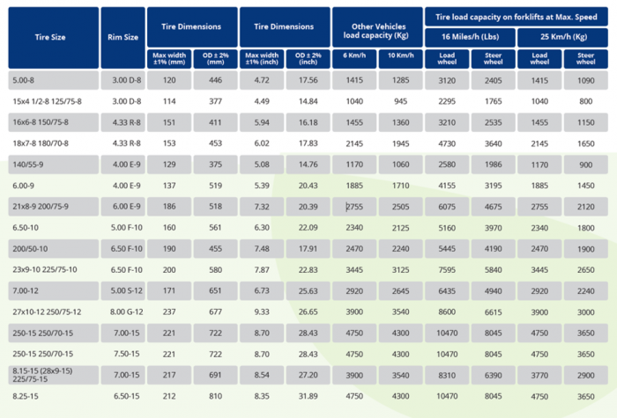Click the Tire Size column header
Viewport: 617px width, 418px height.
click(x=51, y=37)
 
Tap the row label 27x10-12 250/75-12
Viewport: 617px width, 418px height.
click(x=47, y=311)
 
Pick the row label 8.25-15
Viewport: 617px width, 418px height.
click(x=26, y=396)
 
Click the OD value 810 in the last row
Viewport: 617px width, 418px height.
click(x=214, y=396)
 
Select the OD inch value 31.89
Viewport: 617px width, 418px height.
click(x=308, y=396)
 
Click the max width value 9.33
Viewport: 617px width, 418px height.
click(x=261, y=311)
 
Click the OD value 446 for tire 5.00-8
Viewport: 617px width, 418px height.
click(x=214, y=80)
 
